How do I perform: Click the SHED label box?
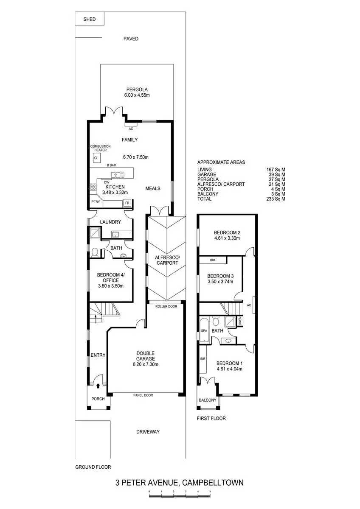90,20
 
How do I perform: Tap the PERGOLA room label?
137,89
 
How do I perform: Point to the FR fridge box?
127,203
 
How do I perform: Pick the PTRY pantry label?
96,202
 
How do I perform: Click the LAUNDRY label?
110,222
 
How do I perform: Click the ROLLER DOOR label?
165,306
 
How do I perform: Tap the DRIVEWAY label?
148,432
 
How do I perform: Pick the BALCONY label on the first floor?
208,400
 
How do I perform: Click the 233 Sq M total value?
276,199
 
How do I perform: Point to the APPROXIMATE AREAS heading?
221,162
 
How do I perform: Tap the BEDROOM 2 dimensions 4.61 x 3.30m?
227,238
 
